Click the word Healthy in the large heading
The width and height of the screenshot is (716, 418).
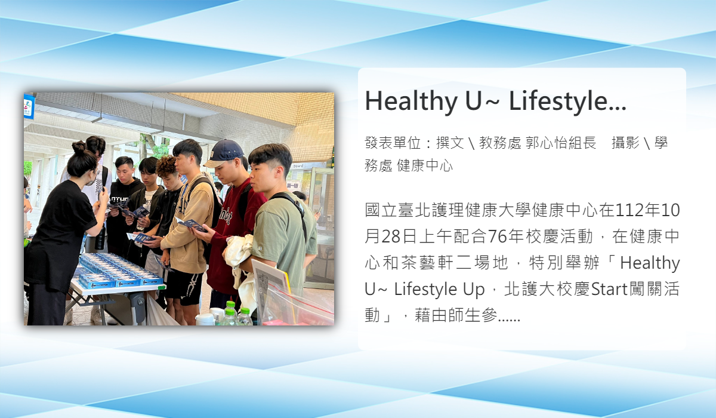pyautogui.click(x=411, y=102)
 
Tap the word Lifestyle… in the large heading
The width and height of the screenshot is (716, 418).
pyautogui.click(x=567, y=102)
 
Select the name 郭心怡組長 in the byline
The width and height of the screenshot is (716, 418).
pyautogui.click(x=561, y=143)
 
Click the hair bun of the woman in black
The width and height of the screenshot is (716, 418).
pyautogui.click(x=79, y=147)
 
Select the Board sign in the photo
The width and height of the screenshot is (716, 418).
pyautogui.click(x=298, y=166)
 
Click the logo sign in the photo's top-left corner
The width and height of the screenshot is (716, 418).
pyautogui.click(x=29, y=106)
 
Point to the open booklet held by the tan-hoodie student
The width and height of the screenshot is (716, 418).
pyautogui.click(x=191, y=224)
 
